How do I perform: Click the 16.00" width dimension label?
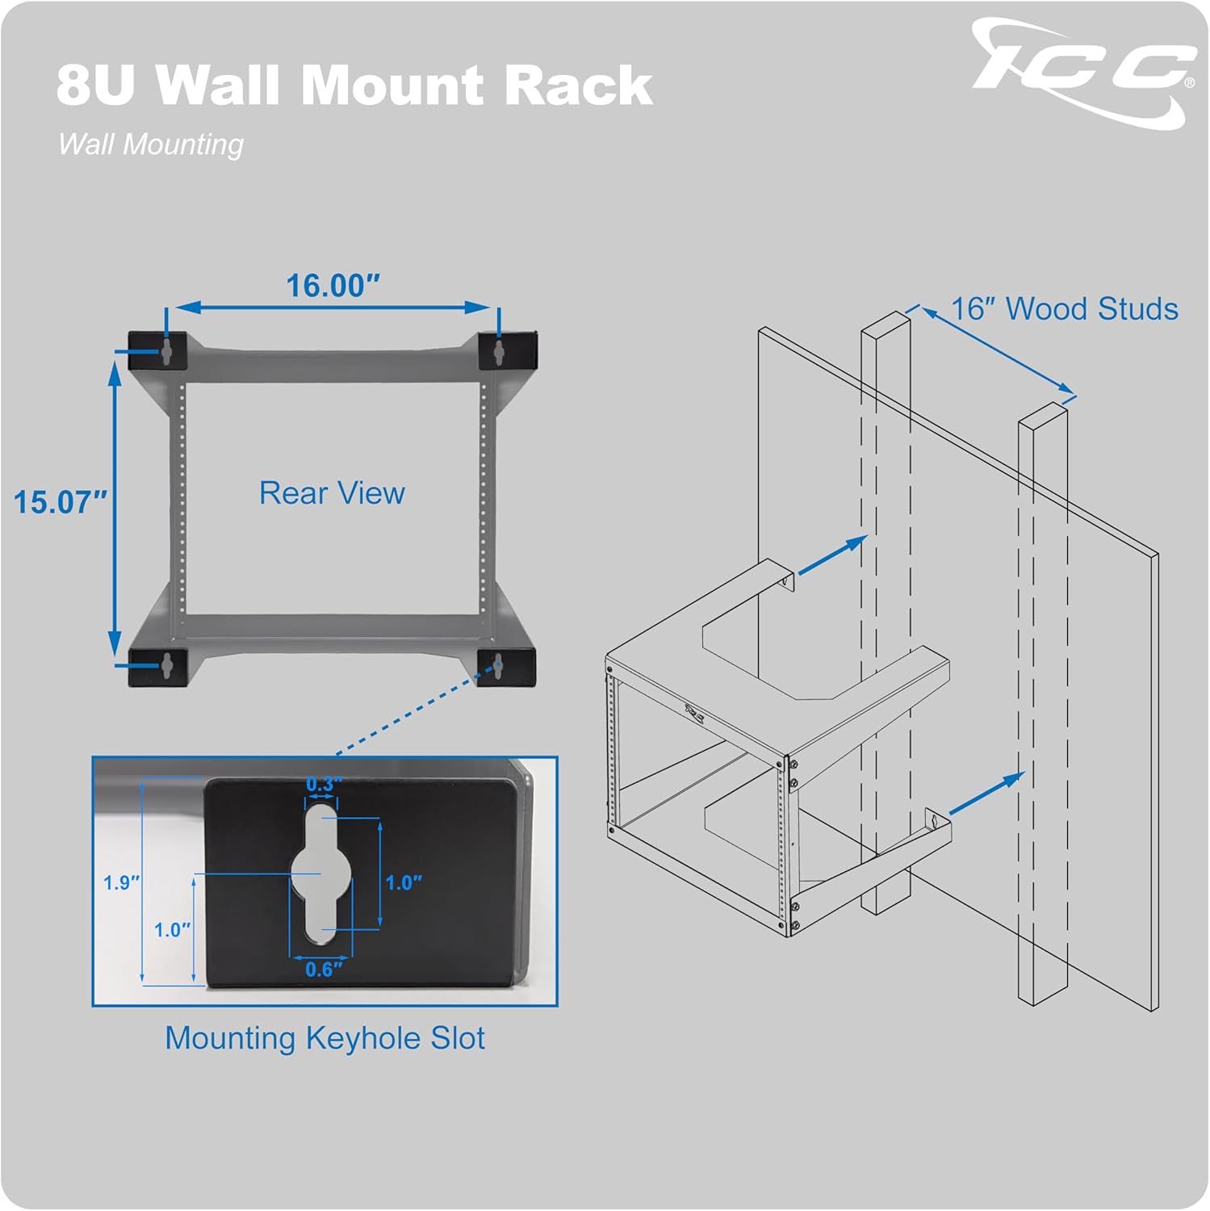tap(333, 286)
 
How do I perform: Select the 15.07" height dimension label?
tap(60, 502)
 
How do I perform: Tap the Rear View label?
tap(332, 493)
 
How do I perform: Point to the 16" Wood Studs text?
tap(1064, 309)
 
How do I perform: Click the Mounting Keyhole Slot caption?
tap(324, 1038)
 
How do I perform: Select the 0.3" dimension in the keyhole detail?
tap(324, 784)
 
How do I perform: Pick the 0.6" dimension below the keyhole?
tap(323, 969)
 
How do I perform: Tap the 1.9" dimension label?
tap(121, 882)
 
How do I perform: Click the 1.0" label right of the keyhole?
tap(403, 882)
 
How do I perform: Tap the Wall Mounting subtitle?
tap(151, 145)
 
